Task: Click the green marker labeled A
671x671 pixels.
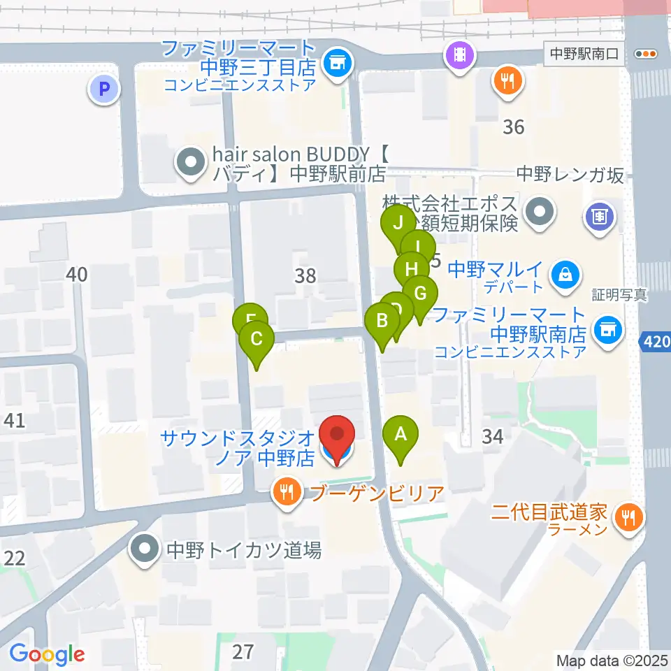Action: (x=401, y=435)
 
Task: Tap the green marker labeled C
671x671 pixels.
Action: (x=256, y=340)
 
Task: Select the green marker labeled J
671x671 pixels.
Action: (x=398, y=224)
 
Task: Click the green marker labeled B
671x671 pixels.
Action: (x=382, y=322)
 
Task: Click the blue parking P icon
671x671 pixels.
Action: (x=104, y=89)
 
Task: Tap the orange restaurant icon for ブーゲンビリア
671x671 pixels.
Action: (x=287, y=493)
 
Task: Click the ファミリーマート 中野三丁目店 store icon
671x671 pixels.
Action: (x=337, y=63)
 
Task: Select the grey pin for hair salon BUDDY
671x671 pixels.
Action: (x=190, y=163)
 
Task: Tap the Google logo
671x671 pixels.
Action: (x=47, y=654)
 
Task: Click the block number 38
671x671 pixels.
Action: (x=305, y=275)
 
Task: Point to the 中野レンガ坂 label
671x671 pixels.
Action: (x=569, y=175)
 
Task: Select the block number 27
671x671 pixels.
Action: (x=243, y=652)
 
